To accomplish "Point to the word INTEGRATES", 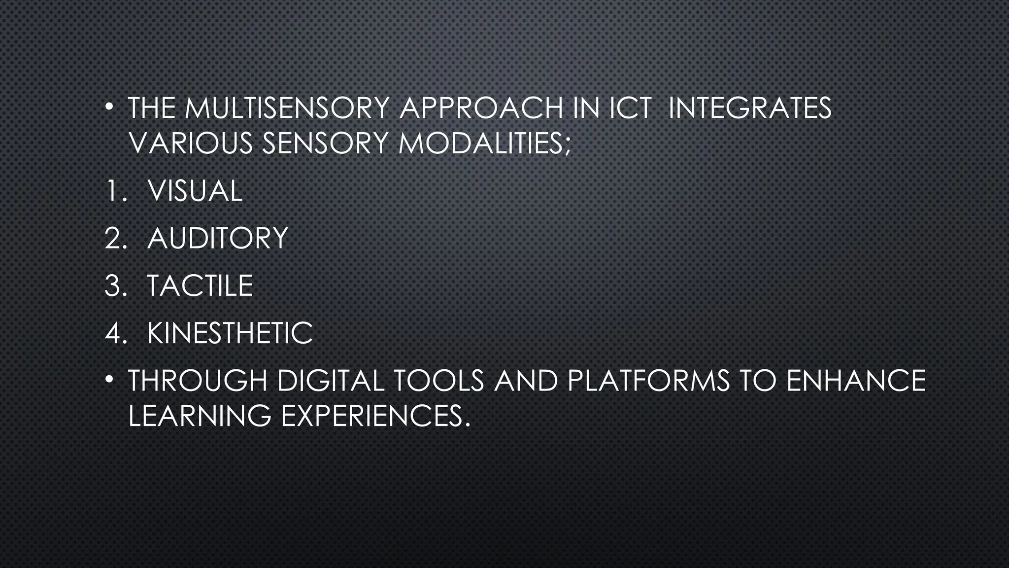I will coord(749,108).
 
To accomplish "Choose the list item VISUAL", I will coord(195,191).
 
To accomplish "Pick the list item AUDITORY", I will coord(217,238).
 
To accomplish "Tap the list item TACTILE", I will coord(200,285).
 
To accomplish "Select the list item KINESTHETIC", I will coord(230,333).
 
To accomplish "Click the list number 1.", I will coord(114,191).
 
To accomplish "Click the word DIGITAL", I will coord(331,381).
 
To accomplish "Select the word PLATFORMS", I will coord(648,381).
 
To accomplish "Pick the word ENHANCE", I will coord(856,381).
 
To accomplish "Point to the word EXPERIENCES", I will coord(372,416).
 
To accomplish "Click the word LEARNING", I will coord(200,416).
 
